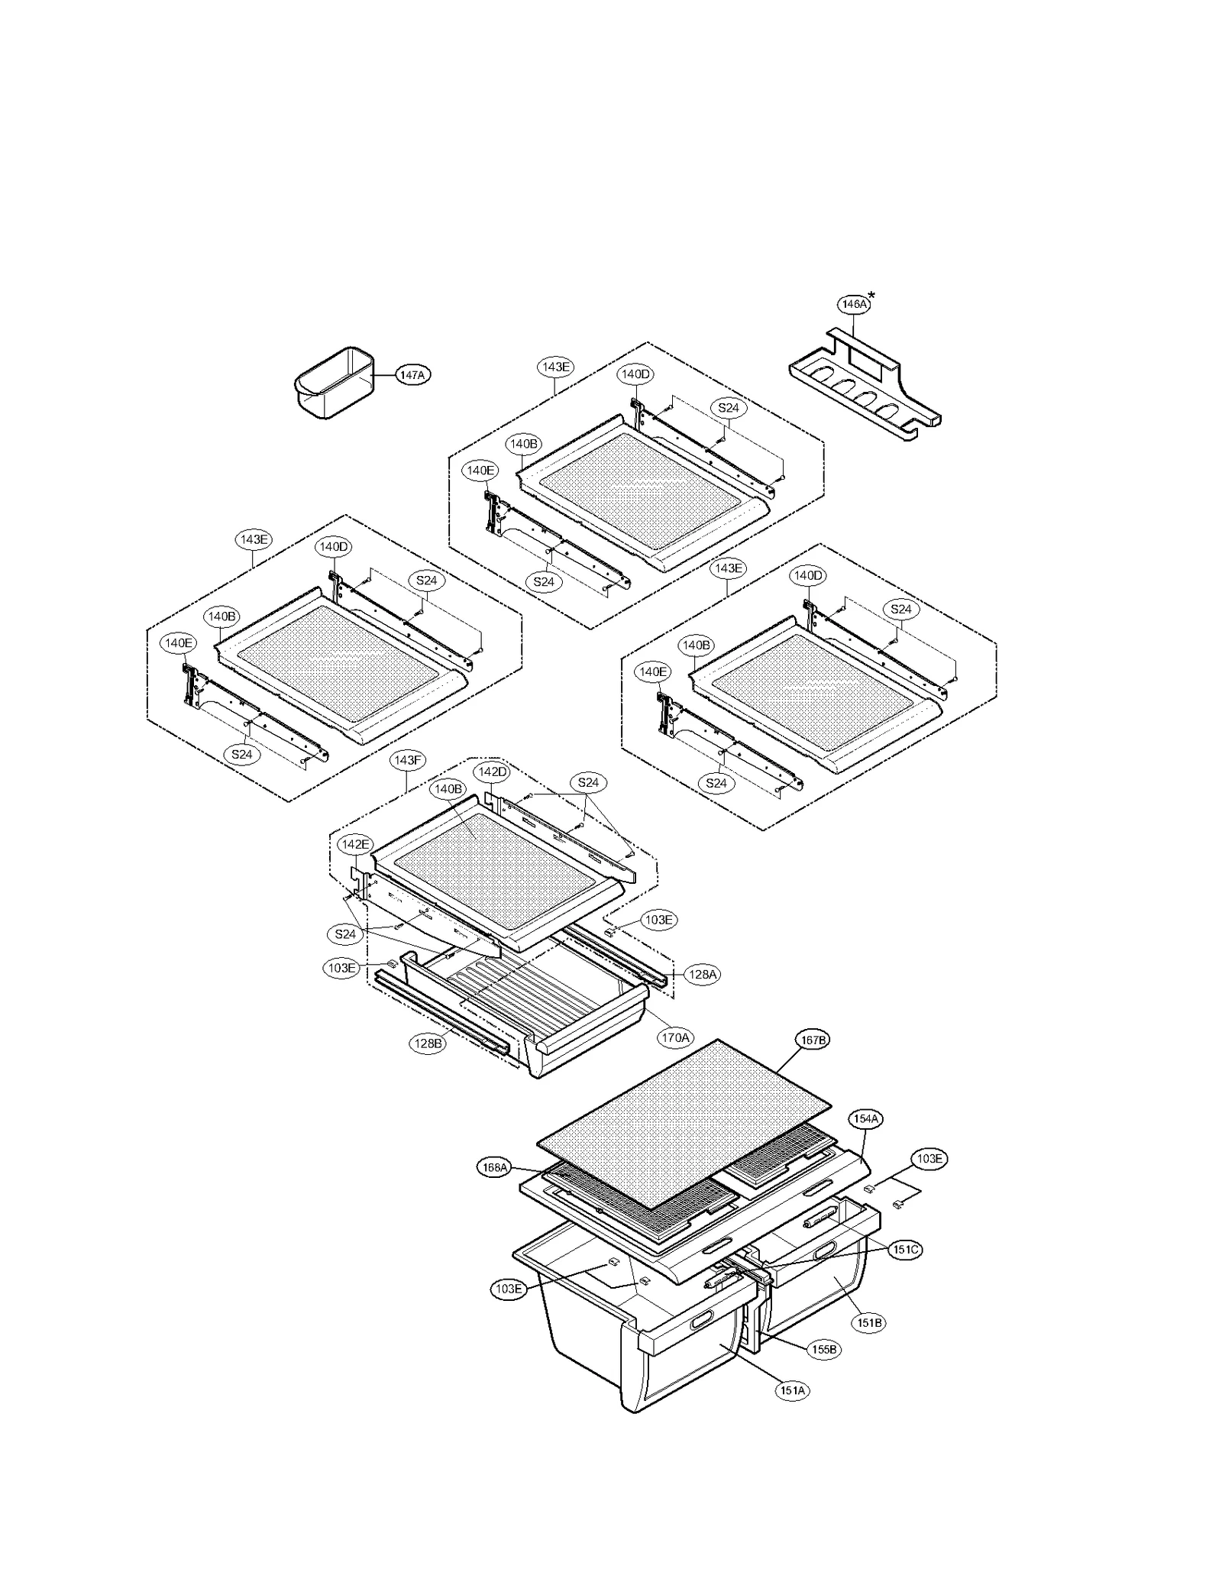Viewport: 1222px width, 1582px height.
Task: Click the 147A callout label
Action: (x=412, y=374)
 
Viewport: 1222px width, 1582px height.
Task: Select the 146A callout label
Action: (x=853, y=304)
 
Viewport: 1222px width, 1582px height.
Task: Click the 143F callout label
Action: (x=406, y=760)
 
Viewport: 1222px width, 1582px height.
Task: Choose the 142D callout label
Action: (x=492, y=772)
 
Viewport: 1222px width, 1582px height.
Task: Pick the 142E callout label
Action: (x=355, y=844)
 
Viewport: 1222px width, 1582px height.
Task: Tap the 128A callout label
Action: (x=702, y=974)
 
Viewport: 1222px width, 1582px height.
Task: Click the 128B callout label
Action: (x=428, y=1043)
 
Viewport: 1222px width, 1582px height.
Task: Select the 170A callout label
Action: (x=676, y=1037)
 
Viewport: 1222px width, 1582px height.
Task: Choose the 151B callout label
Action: (x=869, y=1322)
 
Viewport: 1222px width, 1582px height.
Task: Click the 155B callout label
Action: (x=824, y=1350)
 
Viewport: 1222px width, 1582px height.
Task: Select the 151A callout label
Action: (x=793, y=1390)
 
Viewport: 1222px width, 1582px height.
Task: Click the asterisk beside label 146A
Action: (x=872, y=296)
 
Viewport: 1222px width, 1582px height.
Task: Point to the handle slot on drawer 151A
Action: (x=702, y=1321)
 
